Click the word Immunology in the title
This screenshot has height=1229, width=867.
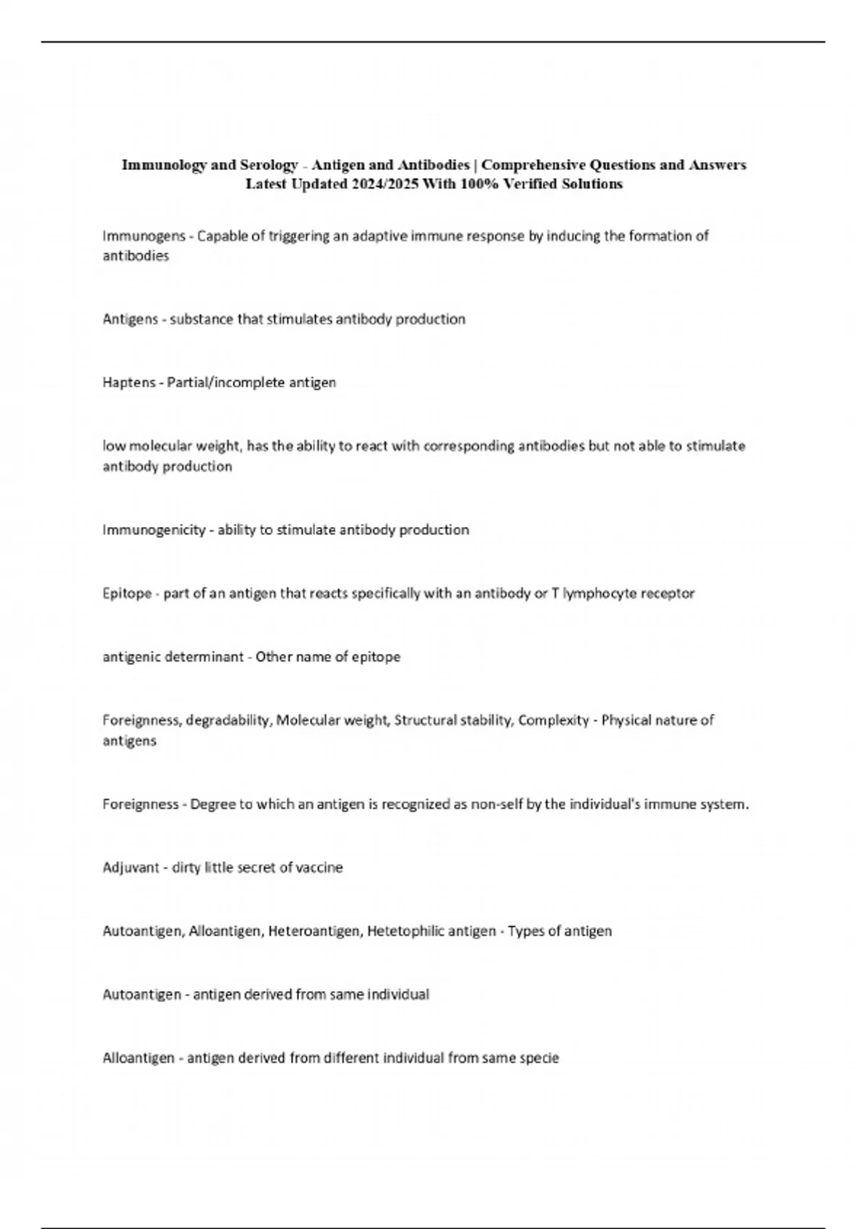[163, 165]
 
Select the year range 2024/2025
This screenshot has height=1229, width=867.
[384, 184]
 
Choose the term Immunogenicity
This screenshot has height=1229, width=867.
[154, 530]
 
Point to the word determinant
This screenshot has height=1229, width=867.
[204, 657]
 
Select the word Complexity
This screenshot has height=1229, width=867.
[553, 721]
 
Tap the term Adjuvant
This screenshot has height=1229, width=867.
[130, 868]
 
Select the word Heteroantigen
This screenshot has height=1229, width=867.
[314, 931]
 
